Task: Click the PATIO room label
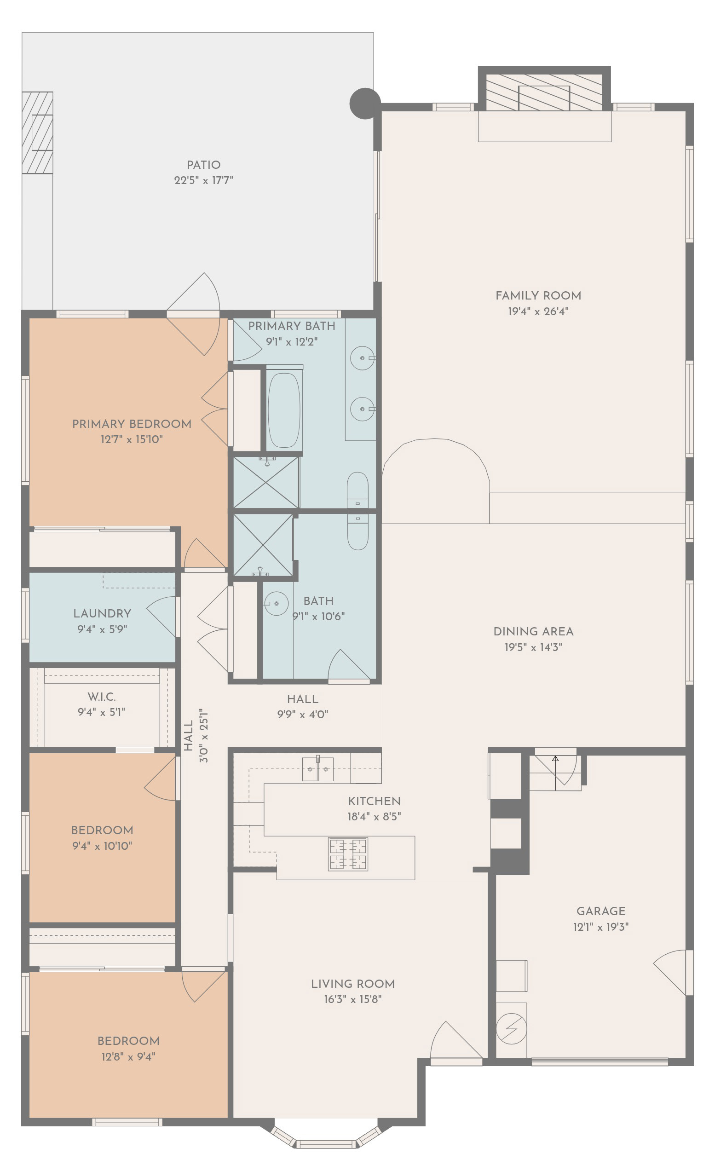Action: tap(203, 165)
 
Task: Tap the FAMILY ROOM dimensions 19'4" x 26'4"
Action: tap(538, 311)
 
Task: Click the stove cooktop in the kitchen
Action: tap(348, 854)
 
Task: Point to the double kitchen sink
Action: tap(318, 768)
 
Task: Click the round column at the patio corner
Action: tap(364, 103)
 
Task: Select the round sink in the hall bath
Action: tap(276, 603)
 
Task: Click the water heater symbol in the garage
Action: tap(511, 1028)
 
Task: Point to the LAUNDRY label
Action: tap(102, 613)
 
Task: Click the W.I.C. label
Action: tap(102, 697)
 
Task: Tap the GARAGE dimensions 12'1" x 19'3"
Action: tap(600, 927)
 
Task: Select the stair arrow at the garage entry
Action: tap(555, 773)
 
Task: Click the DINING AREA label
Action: tap(533, 631)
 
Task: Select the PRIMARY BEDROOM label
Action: tap(132, 424)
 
